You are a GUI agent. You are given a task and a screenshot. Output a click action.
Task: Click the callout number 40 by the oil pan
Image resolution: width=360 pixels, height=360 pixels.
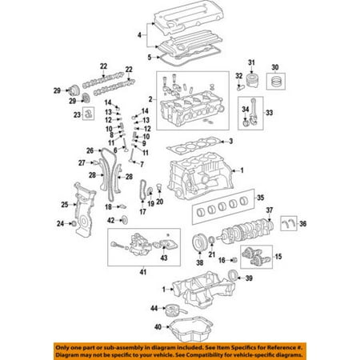pos(158,326)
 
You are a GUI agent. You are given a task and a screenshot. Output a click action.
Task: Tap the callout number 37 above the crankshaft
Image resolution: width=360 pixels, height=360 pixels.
pos(270,210)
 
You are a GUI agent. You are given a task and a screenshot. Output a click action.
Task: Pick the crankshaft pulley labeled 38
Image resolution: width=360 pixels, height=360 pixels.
pos(198,242)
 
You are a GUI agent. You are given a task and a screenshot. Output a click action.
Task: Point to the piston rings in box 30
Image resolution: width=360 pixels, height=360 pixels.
pos(276,82)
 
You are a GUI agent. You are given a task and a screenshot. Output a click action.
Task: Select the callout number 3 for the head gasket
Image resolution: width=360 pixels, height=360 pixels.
pos(231,141)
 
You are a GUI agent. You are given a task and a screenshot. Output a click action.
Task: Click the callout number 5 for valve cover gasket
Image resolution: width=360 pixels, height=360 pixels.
pos(150,58)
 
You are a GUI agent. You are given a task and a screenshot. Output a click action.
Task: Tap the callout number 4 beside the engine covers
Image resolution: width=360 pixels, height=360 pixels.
pos(139,35)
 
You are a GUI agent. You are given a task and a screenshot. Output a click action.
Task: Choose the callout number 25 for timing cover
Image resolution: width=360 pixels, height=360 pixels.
pos(65,205)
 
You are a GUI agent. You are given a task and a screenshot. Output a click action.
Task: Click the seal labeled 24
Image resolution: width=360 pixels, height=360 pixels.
pos(74,224)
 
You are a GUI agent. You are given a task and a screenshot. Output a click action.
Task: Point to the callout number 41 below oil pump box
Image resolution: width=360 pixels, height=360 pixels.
pos(143,272)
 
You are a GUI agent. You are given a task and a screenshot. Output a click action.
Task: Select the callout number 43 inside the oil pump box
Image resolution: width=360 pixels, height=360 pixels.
pos(164,258)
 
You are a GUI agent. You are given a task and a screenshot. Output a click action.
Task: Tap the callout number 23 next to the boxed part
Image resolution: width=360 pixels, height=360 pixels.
pos(77,115)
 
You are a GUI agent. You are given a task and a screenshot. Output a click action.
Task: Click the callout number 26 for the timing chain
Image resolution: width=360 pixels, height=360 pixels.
pos(90,150)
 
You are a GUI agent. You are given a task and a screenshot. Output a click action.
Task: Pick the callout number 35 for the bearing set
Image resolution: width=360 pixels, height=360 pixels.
pos(261,198)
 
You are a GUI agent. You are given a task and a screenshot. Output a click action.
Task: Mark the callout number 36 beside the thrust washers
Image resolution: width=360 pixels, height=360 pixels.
pos(303,224)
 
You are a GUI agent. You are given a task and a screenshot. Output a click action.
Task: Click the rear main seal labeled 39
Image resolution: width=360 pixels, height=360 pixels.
pos(233,275)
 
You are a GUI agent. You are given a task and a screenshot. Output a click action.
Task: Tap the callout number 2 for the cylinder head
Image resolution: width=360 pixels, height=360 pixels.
pos(150,99)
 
